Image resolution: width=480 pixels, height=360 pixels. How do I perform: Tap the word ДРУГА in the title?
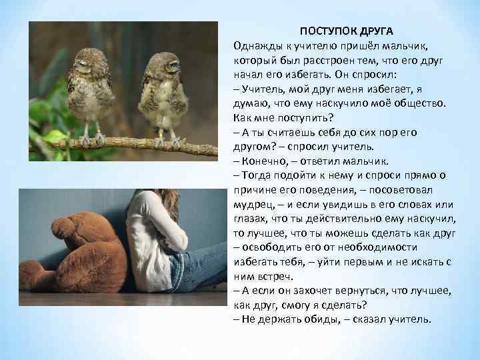pos(377,32)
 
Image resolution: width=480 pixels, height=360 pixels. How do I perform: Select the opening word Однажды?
pos(257,45)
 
